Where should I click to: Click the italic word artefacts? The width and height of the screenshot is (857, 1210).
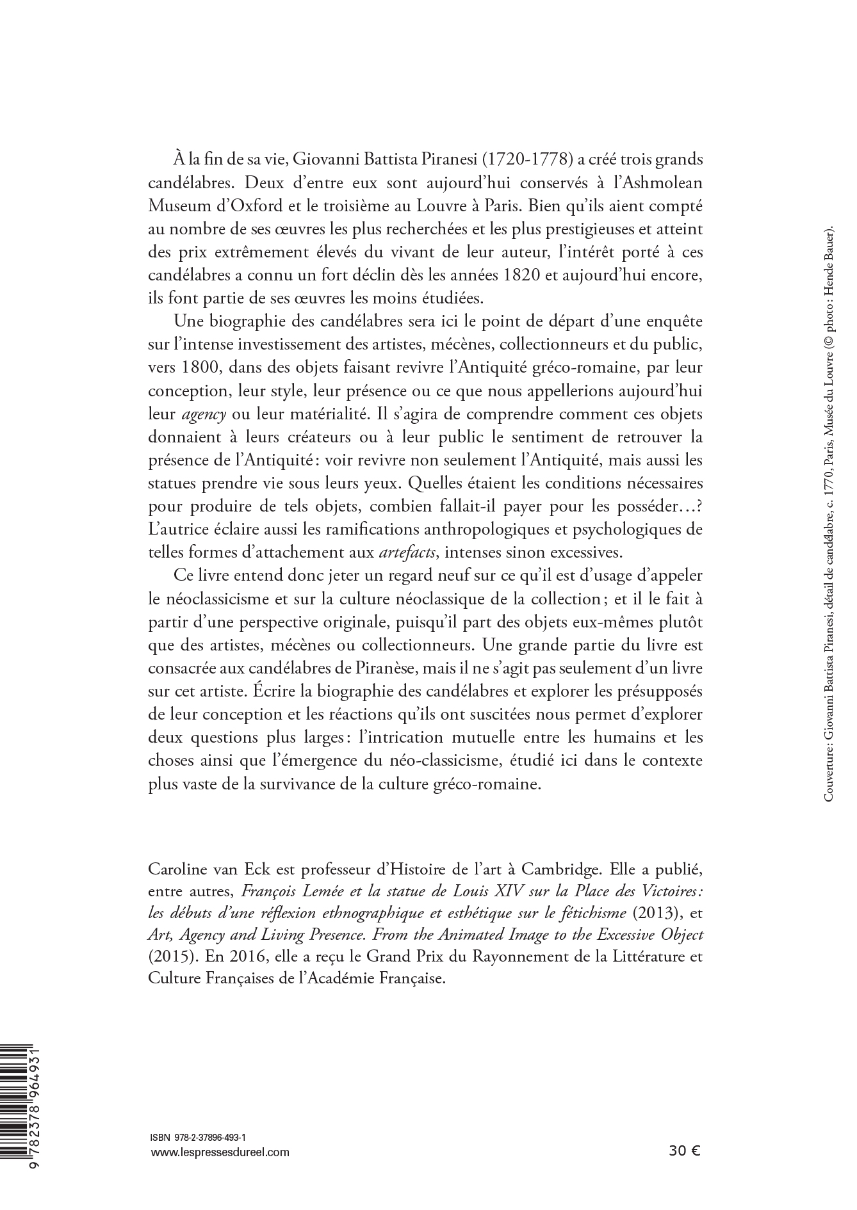(x=407, y=551)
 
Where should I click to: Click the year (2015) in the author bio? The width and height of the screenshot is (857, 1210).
(x=168, y=957)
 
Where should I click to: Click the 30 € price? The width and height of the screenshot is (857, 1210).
(x=684, y=1151)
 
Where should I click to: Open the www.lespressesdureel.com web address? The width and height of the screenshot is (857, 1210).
(x=218, y=1152)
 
